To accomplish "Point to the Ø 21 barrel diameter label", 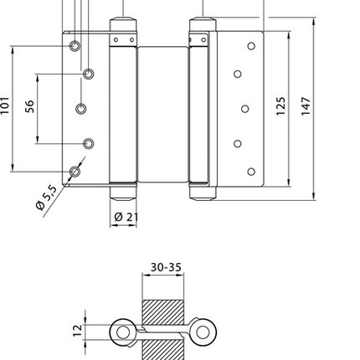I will coord(125,217).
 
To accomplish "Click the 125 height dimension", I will coord(280,105).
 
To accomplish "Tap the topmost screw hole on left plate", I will coord(75,45).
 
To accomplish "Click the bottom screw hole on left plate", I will coord(75,172).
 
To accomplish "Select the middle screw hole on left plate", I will coord(82,108).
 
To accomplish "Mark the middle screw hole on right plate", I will coord(245,108).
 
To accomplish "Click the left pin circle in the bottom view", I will coord(123,333).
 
